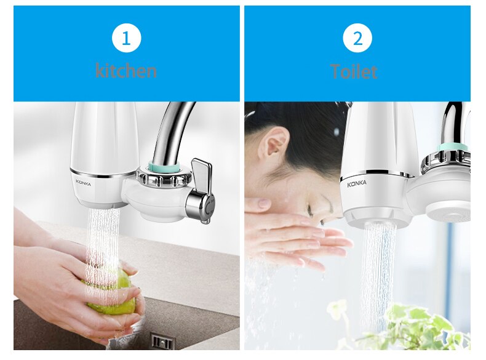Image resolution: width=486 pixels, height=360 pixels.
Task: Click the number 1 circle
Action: (126, 39)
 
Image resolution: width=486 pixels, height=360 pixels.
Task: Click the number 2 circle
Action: (357, 39)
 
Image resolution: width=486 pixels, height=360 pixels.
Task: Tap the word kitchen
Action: (126, 70)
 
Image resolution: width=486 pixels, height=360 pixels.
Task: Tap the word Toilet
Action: (354, 71)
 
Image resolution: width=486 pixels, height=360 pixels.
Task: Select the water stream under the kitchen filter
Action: (102, 246)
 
